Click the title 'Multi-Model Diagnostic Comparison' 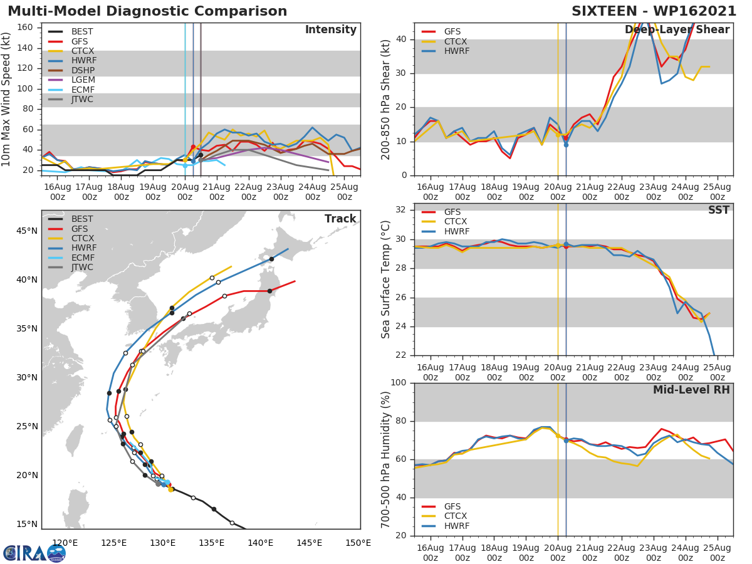point(147,11)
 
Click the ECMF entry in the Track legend point(82,258)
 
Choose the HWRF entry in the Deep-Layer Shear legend point(456,51)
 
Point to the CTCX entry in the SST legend point(455,222)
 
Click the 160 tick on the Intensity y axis point(24,28)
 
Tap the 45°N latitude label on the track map point(27,231)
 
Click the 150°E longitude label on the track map point(357,543)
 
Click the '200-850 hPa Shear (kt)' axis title point(386,99)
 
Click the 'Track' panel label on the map point(340,219)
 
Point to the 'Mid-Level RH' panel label point(691,390)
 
